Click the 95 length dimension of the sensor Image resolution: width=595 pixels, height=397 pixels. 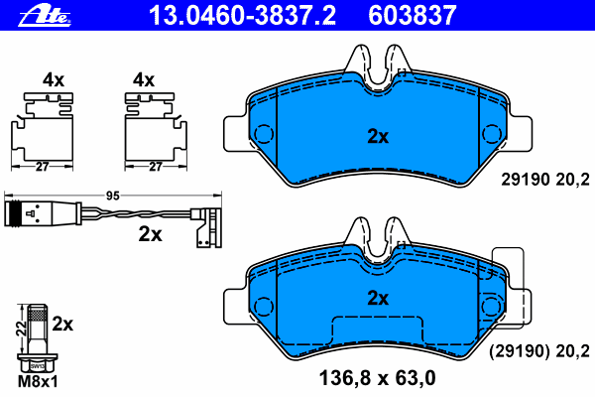coord(112,197)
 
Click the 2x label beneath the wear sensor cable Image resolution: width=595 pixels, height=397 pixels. coord(151,235)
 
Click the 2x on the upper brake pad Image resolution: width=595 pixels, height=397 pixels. coord(377,137)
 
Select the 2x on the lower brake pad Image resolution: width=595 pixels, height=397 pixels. coord(377,297)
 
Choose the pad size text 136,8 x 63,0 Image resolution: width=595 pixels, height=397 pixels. coord(377,376)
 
